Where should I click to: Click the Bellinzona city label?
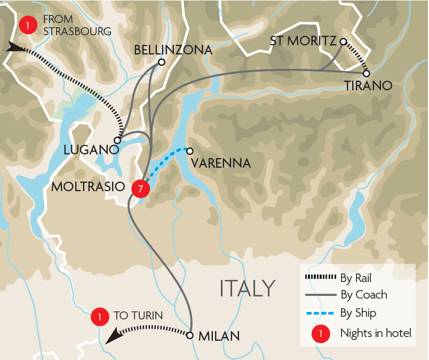(x=173, y=50)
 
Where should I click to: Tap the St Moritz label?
(x=303, y=41)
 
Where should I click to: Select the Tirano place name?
(x=368, y=85)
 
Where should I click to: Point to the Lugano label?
(x=91, y=150)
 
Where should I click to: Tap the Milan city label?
(x=219, y=336)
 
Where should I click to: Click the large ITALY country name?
(x=248, y=288)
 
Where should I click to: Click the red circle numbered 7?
(x=140, y=187)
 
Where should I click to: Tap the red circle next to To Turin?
(x=99, y=316)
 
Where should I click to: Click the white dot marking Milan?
(x=189, y=335)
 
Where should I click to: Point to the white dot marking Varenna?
(x=189, y=151)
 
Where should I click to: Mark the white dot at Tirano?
(x=367, y=73)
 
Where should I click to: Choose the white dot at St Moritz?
(x=344, y=41)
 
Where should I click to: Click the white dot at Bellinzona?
(x=162, y=62)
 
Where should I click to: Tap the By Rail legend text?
(x=355, y=278)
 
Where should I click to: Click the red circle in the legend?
(x=320, y=333)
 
